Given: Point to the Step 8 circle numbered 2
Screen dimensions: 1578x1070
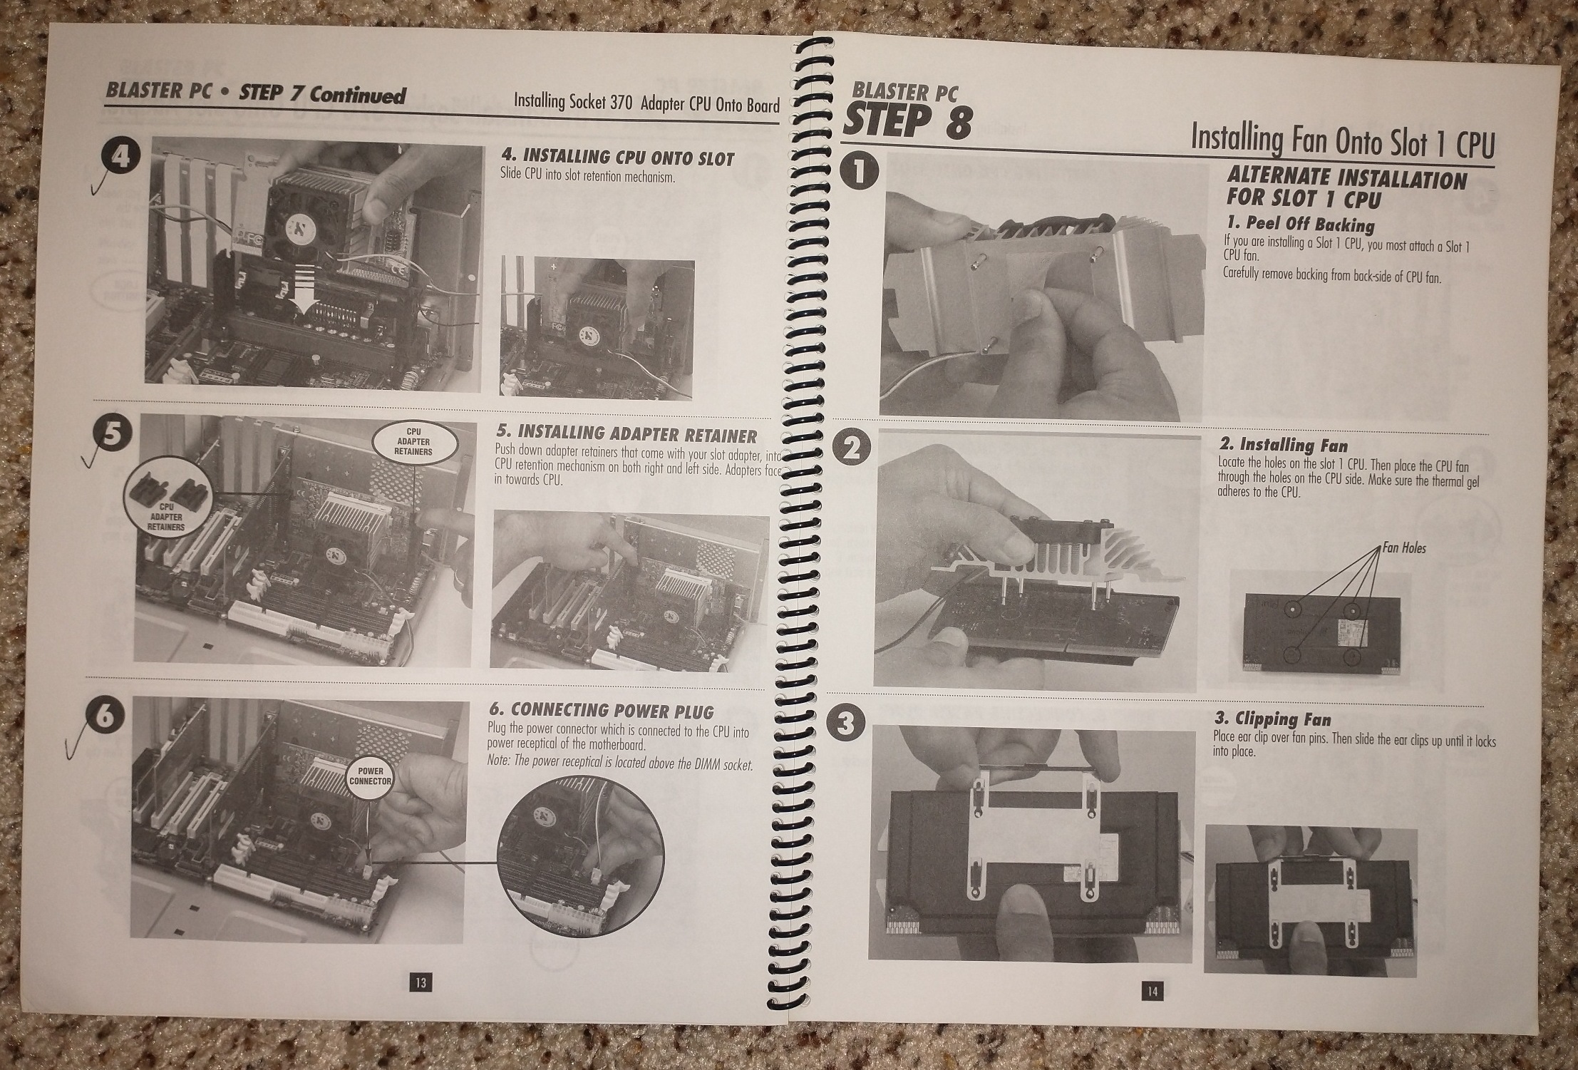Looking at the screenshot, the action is [x=854, y=448].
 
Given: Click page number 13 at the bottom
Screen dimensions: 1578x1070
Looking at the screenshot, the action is [x=420, y=982].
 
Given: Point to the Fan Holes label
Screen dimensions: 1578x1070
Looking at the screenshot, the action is [x=1404, y=548].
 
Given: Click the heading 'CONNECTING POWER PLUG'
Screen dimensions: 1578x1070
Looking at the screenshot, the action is [x=601, y=710].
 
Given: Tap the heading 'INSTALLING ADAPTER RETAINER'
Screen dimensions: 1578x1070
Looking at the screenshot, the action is [x=626, y=433].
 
